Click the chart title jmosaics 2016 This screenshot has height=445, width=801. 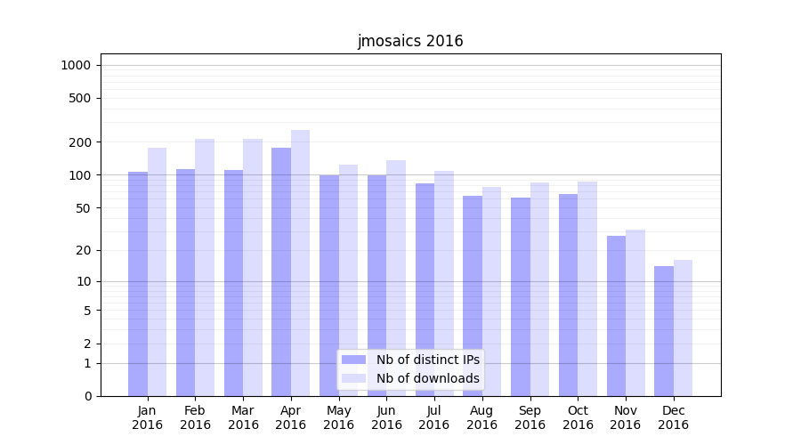pos(410,41)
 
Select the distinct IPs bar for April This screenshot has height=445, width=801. pos(281,271)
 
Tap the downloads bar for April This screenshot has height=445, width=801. pos(300,263)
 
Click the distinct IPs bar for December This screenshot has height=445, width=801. pos(664,331)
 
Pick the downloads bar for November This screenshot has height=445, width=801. pos(635,312)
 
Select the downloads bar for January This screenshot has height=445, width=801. pos(157,271)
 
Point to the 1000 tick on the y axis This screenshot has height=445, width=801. pos(76,65)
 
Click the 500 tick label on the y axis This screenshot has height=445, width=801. pos(81,98)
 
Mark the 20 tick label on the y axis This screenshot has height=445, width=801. pos(84,250)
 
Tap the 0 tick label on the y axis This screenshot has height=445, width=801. pos(87,396)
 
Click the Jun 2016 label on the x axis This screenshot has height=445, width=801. pos(386,417)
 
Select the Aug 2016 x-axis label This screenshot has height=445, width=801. pos(482,417)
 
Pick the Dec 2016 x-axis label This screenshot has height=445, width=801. pos(673,417)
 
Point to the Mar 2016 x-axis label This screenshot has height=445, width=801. pos(243,417)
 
